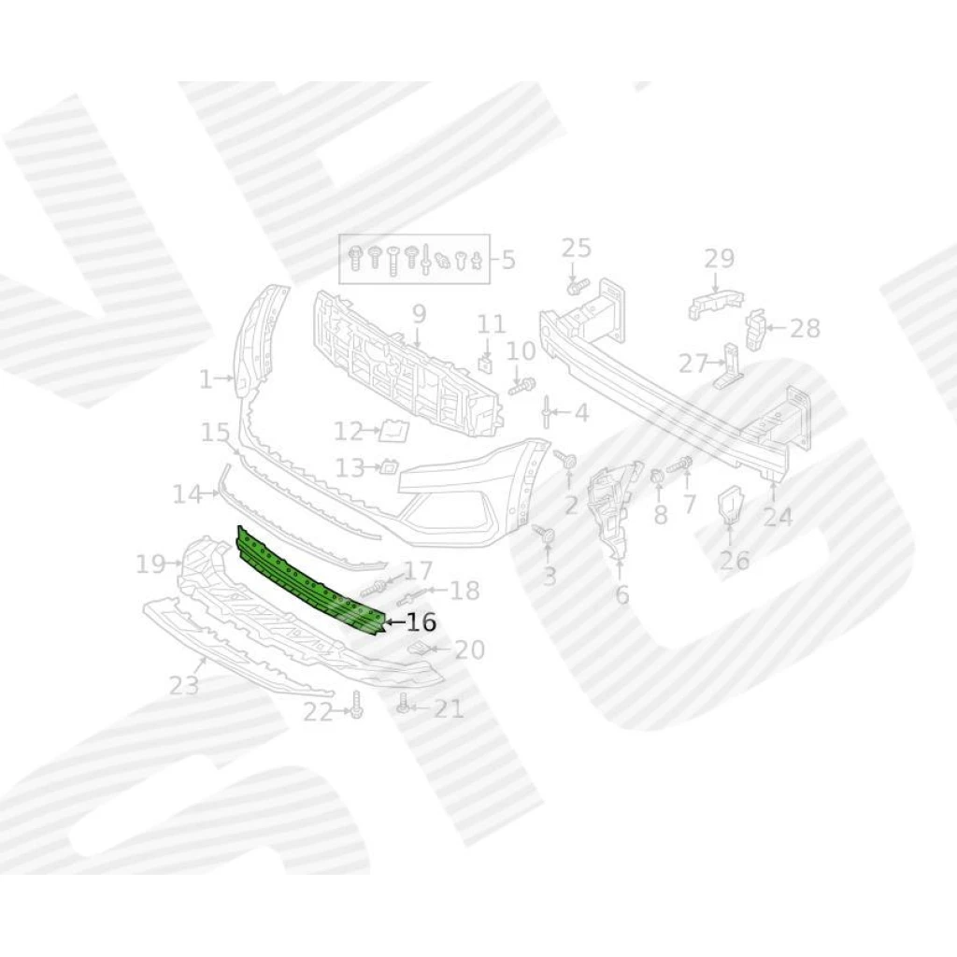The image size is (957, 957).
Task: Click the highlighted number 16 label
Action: click(x=421, y=621)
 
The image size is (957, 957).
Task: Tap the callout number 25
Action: click(x=576, y=248)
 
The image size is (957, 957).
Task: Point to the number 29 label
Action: click(x=719, y=259)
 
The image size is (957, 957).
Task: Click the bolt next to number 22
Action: click(x=357, y=707)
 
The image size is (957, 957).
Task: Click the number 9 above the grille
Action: click(x=419, y=314)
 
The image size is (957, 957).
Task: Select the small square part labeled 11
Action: click(x=486, y=364)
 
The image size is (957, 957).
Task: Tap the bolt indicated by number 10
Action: click(x=522, y=386)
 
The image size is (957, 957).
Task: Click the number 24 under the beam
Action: click(x=778, y=518)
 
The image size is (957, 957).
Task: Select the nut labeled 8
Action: click(x=658, y=477)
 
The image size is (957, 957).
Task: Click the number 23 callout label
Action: click(x=184, y=685)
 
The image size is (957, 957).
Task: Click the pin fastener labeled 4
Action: click(x=546, y=411)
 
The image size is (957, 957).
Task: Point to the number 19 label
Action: click(x=150, y=564)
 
